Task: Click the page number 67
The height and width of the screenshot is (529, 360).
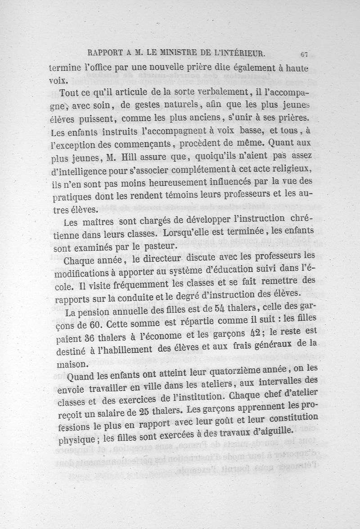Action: [304, 54]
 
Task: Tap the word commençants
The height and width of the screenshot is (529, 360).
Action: [141, 145]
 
